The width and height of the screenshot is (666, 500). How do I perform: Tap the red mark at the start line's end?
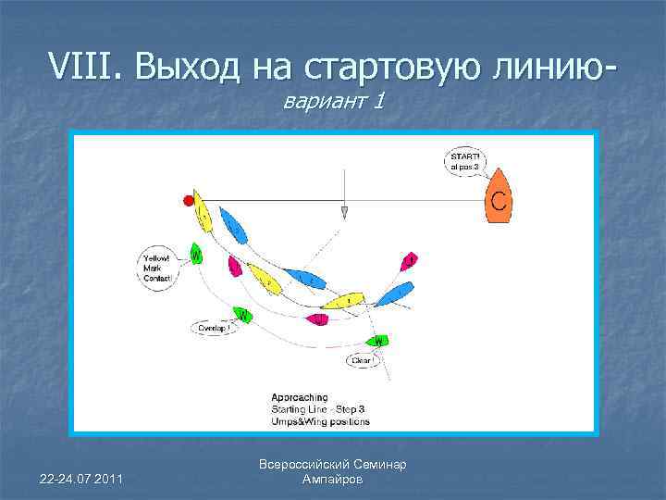[x=190, y=200]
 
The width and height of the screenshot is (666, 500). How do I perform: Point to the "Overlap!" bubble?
[x=214, y=328]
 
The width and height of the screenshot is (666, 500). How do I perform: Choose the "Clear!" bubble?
[x=362, y=359]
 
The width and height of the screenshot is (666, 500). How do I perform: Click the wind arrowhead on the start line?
[x=344, y=212]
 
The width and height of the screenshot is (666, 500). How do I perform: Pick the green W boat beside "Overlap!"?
[x=243, y=315]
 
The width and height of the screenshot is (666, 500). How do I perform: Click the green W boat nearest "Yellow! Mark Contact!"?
[x=196, y=253]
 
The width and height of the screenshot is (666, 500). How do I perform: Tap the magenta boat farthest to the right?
[x=409, y=262]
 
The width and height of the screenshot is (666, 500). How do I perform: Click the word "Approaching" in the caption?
[x=300, y=397]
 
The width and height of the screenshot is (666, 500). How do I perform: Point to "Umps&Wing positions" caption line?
[x=320, y=421]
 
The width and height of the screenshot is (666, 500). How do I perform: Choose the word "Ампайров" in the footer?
[x=333, y=480]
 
